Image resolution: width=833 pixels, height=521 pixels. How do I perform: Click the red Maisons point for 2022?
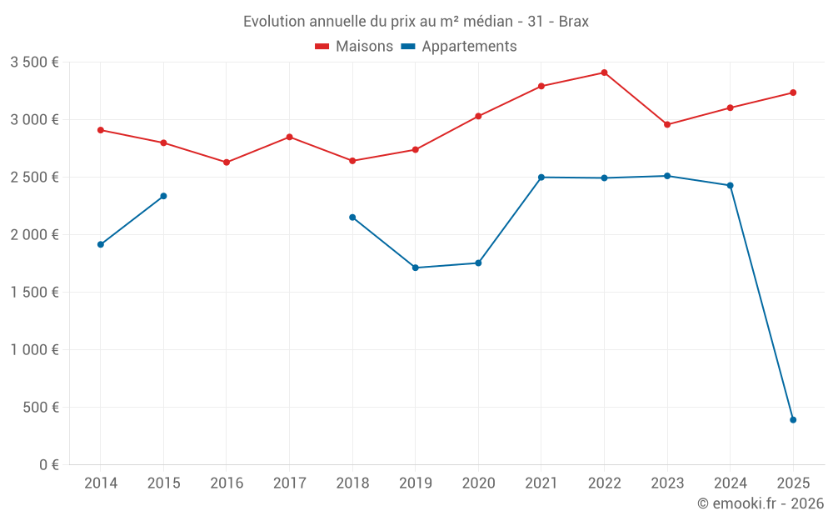point(604,73)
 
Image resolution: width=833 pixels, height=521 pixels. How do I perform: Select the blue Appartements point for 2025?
point(793,420)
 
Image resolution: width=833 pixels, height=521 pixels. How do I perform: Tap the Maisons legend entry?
point(354,47)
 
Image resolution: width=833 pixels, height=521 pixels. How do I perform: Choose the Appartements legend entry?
point(459,47)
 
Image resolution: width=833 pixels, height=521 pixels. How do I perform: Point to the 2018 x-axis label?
point(352,483)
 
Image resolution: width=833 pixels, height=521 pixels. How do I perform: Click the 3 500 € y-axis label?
point(34,62)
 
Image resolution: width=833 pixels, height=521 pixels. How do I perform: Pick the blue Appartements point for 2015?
point(163,196)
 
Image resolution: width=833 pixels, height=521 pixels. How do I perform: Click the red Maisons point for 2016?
point(227,163)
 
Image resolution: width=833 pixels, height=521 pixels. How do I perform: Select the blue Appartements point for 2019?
point(415,268)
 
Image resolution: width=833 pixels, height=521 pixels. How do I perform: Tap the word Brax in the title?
point(573,22)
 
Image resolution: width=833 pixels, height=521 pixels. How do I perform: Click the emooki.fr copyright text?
point(761,503)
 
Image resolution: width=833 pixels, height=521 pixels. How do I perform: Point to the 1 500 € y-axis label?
point(34,292)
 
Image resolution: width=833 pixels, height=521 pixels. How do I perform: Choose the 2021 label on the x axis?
point(541,483)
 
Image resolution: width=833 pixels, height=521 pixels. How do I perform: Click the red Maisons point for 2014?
point(101,130)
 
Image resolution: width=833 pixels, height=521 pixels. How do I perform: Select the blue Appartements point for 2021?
point(541,178)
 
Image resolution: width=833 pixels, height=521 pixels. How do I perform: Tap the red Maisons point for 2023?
point(667,125)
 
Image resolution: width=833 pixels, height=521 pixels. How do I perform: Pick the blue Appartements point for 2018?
point(352,218)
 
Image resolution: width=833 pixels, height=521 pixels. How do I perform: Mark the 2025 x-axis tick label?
point(793,483)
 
